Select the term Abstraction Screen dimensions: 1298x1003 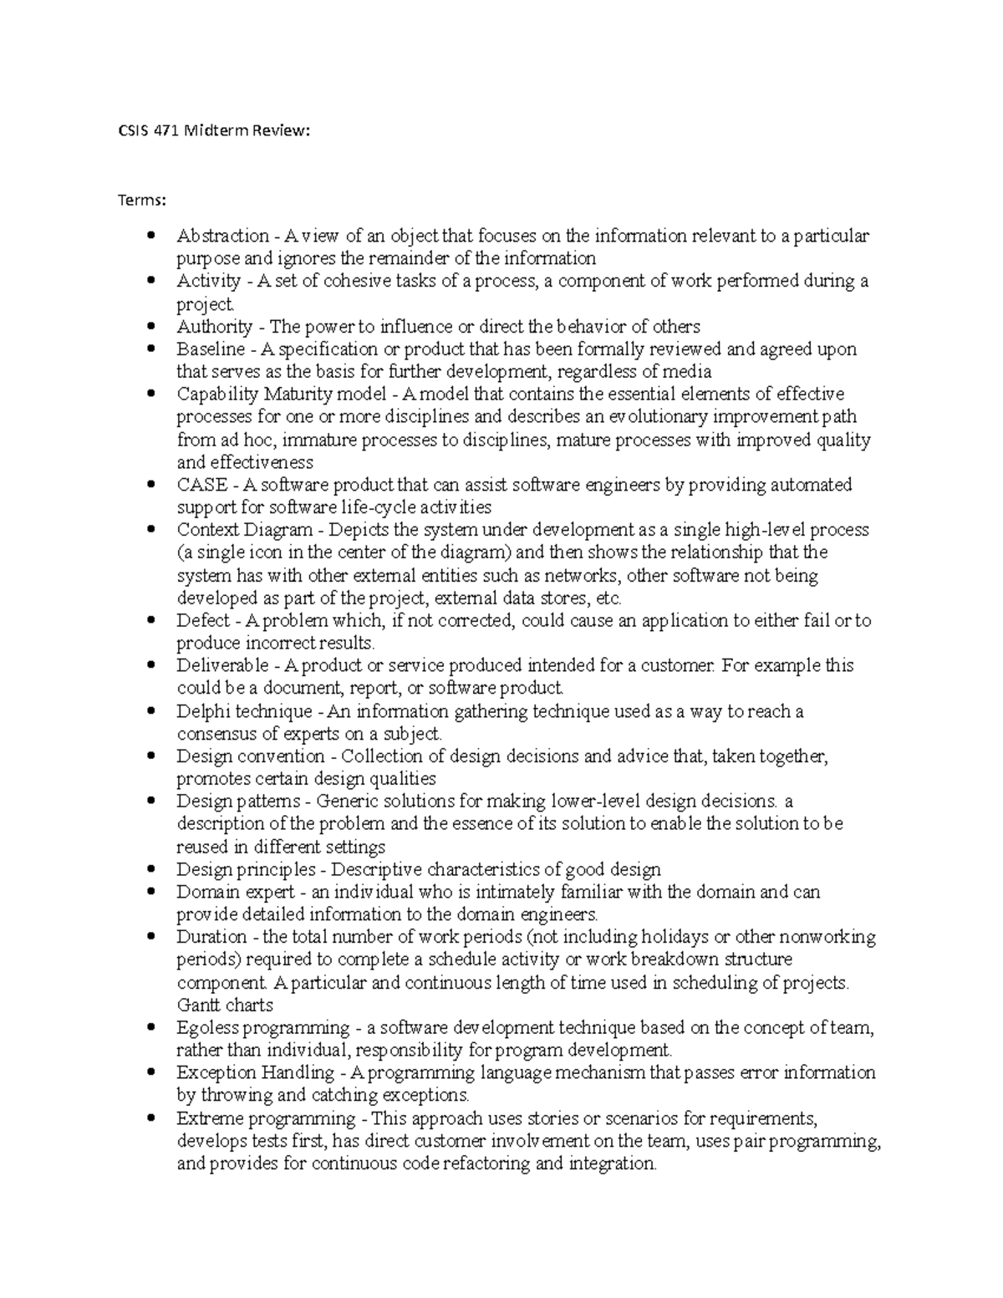pyautogui.click(x=222, y=236)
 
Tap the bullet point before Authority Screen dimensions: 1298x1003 pyautogui.click(x=150, y=326)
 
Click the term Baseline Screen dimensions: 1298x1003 pyautogui.click(x=211, y=349)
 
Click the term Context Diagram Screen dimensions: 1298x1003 pyautogui.click(x=242, y=530)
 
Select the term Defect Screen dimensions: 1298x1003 pyautogui.click(x=202, y=620)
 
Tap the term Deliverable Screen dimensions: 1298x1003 pyautogui.click(x=222, y=665)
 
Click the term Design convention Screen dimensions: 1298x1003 pyautogui.click(x=251, y=756)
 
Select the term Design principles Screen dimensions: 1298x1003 pyautogui.click(x=247, y=869)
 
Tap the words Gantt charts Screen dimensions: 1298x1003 pyautogui.click(x=225, y=1005)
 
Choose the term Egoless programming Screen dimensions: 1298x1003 pyautogui.click(x=262, y=1027)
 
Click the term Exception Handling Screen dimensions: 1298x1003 pyautogui.click(x=255, y=1072)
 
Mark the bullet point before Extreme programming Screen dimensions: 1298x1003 pyautogui.click(x=150, y=1117)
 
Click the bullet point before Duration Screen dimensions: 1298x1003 pyautogui.click(x=150, y=937)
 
